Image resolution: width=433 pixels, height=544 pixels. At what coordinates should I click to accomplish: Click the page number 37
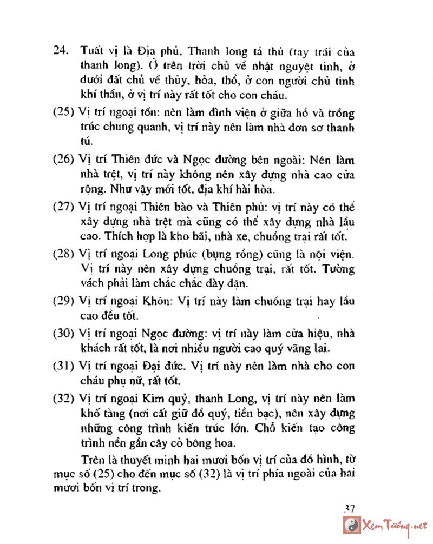[x=349, y=508]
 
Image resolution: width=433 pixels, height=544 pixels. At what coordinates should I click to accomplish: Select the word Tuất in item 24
[x=89, y=51]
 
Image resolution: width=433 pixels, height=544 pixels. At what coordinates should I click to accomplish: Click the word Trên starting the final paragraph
[x=90, y=460]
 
